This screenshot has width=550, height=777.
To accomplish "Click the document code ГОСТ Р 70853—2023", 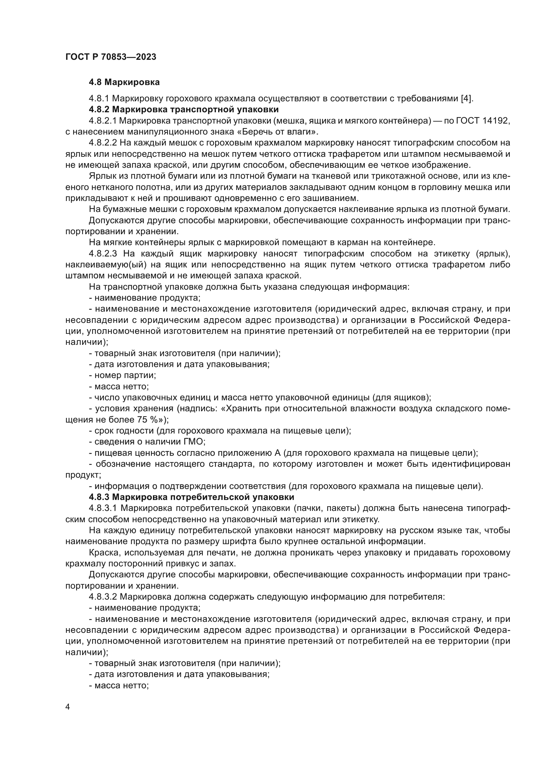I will pyautogui.click(x=111, y=57).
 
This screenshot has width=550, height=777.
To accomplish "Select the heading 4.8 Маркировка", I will pyautogui.click(x=124, y=82).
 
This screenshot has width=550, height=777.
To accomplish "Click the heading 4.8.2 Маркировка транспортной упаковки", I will pyautogui.click(x=184, y=109).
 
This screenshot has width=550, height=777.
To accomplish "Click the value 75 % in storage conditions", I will pyautogui.click(x=148, y=420).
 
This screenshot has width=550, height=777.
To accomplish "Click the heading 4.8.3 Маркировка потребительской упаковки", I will pyautogui.click(x=191, y=497).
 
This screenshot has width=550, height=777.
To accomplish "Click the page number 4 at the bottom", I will pyautogui.click(x=68, y=707).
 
